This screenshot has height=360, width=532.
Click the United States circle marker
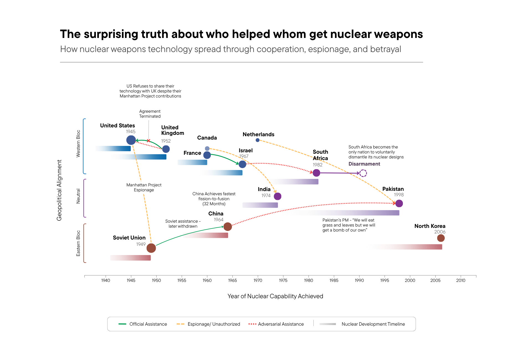pos(131,140)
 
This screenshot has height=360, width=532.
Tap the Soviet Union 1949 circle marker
pos(151,248)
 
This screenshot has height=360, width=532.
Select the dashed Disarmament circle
pos(363,173)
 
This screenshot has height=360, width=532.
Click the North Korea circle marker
pos(441,238)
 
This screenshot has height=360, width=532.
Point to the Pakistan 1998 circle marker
pos(399,204)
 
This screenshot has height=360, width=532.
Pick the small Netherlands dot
pos(257,140)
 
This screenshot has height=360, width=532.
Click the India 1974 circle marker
pos(277,196)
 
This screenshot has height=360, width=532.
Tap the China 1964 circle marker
pos(227,227)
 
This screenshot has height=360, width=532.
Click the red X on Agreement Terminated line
pos(149,141)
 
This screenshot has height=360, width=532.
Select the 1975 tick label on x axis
pos(283,280)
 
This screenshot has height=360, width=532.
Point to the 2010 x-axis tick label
pos(461,280)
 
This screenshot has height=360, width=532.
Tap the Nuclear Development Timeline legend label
pos(373,324)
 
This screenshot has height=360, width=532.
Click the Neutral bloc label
pos(78,196)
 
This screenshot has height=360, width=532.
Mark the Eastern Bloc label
pos(78,243)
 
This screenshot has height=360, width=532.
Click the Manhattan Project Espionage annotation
pos(144,187)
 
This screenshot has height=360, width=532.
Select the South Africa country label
pos(320,155)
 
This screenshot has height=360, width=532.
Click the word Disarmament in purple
pos(364,164)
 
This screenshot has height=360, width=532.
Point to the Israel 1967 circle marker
pos(242,164)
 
